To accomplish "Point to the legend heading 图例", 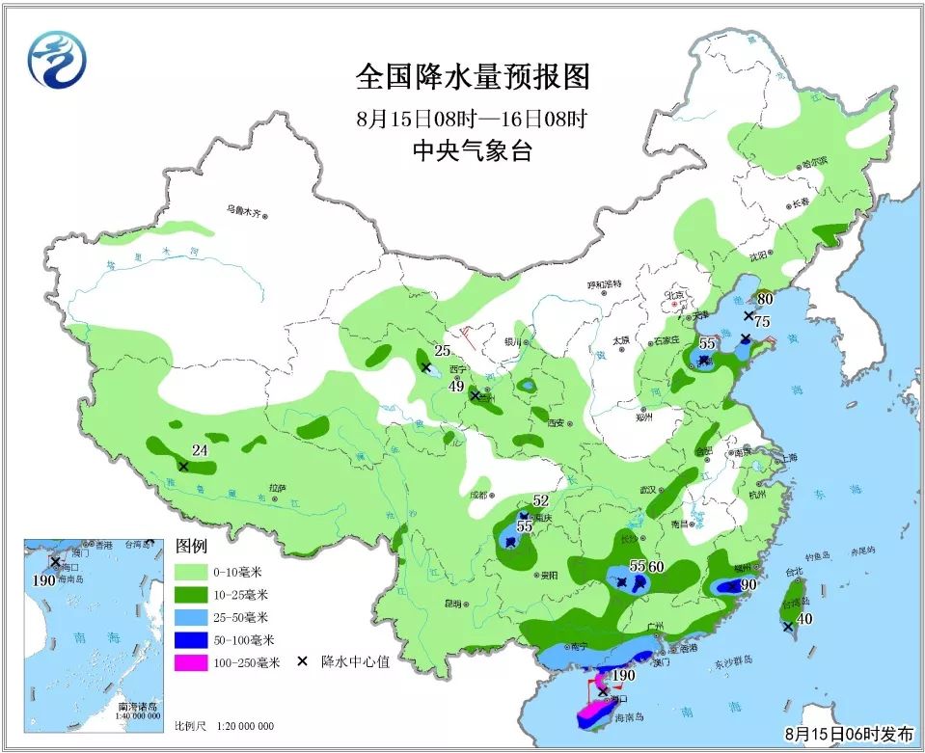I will pyautogui.click(x=191, y=546).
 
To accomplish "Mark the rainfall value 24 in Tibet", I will pyautogui.click(x=201, y=449).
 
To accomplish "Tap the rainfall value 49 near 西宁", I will pyautogui.click(x=457, y=387).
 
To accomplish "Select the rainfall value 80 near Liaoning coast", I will pyautogui.click(x=765, y=299).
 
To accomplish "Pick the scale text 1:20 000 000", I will pyautogui.click(x=236, y=726).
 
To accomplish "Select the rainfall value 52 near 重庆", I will pyautogui.click(x=540, y=500).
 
